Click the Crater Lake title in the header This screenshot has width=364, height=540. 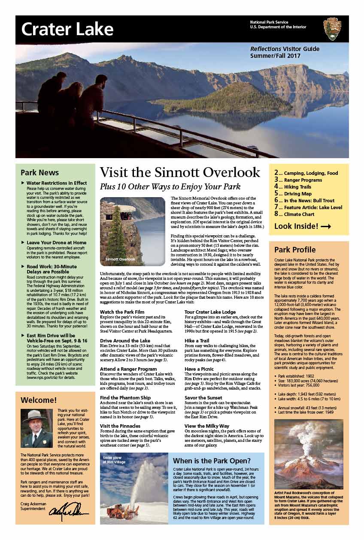click(x=67, y=29)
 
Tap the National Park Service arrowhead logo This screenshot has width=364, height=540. click(x=332, y=29)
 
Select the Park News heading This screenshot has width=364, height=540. click(x=40, y=173)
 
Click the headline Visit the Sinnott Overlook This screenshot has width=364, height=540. click(x=180, y=172)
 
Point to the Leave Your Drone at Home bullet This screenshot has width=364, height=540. click(x=56, y=243)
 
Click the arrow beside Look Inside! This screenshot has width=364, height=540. click(x=326, y=227)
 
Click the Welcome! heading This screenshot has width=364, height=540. click(x=39, y=400)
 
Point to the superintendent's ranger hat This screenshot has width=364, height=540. click(x=35, y=416)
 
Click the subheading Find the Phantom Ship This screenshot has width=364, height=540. click(x=126, y=398)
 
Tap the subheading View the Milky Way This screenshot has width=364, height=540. click(x=207, y=426)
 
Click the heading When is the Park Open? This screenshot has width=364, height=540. click(x=212, y=461)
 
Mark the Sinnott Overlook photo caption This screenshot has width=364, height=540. click(x=120, y=259)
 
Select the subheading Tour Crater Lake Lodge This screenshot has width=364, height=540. click(x=210, y=312)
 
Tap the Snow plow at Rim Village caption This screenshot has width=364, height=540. click(x=114, y=460)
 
